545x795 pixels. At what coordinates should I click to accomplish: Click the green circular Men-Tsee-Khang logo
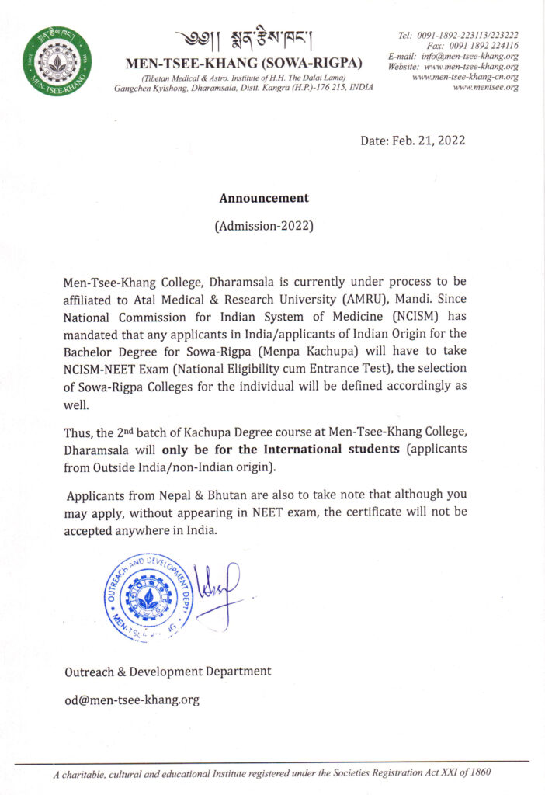tap(57, 61)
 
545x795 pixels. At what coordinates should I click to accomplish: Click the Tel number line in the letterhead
tap(458, 35)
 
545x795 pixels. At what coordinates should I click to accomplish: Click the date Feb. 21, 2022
tap(412, 141)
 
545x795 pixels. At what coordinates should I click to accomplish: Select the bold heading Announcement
tap(264, 198)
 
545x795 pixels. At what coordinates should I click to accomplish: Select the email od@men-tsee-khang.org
tap(131, 700)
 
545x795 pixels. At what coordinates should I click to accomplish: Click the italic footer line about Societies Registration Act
tap(272, 774)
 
